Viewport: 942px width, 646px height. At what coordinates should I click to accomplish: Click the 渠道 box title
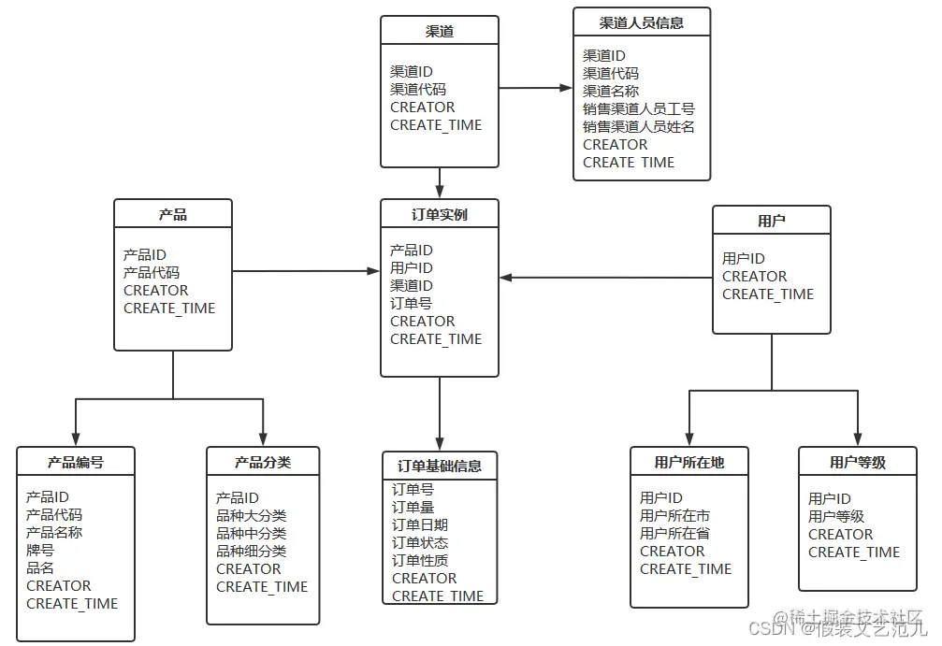tap(439, 31)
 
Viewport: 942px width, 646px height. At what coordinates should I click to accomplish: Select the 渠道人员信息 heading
tap(641, 23)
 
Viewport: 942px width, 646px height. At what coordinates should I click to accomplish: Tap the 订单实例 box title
tap(439, 214)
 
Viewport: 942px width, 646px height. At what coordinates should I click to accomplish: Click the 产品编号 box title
tap(76, 462)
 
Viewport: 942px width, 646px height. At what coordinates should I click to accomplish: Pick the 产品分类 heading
tap(263, 462)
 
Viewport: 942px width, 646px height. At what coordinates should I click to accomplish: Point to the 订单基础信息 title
tap(439, 466)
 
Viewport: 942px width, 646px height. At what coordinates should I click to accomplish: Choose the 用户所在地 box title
tap(689, 462)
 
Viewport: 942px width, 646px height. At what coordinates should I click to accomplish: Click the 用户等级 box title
tap(857, 462)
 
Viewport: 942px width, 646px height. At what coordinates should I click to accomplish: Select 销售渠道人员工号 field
tap(639, 109)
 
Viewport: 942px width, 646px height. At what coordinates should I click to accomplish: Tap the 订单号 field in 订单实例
tap(411, 303)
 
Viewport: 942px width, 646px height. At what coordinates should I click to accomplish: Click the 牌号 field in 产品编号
tap(40, 550)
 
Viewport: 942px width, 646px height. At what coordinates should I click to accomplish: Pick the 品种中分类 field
tap(251, 534)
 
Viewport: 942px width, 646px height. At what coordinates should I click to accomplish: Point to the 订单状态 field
tap(419, 543)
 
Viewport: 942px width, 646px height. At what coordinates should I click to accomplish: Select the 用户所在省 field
tap(674, 533)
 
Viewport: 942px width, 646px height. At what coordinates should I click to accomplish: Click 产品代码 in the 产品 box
tap(151, 272)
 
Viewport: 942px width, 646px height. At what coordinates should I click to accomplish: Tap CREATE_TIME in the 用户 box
tap(768, 294)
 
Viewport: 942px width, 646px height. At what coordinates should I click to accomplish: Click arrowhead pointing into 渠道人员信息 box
tap(566, 88)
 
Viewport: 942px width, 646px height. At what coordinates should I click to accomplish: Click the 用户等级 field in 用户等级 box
tap(835, 516)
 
